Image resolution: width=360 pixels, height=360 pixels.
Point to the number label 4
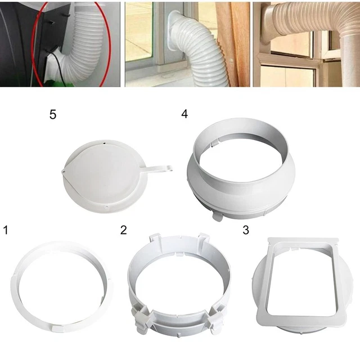[x=183, y=114]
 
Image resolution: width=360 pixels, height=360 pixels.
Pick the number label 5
[x=53, y=115]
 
